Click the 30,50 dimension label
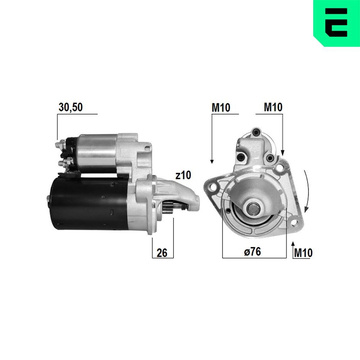click(71, 107)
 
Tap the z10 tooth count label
click(183, 176)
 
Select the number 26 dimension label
click(162, 253)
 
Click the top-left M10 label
click(221, 107)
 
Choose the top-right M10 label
click(273, 107)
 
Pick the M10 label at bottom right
click(303, 253)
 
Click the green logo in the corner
click(336, 22)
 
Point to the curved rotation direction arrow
click(306, 191)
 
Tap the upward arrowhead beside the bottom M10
click(292, 245)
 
